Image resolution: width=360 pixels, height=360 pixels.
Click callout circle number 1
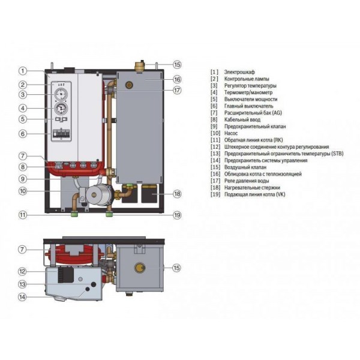pos(23,71)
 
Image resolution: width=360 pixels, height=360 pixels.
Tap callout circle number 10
pos(23,191)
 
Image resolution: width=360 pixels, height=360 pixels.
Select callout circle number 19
pos(177,215)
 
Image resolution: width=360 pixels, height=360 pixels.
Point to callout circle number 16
pos(177,79)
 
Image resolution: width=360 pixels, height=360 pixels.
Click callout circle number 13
pos(22,284)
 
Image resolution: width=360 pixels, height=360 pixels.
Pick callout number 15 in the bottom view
pos(176,268)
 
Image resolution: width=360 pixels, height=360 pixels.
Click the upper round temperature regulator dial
pos(61,94)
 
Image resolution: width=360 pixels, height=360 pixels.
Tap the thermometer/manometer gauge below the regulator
pos(61,109)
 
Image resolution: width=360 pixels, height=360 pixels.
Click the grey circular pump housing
pos(94,194)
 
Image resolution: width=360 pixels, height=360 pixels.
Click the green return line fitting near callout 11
pos(74,214)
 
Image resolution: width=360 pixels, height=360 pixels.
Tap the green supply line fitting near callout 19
pos(110,214)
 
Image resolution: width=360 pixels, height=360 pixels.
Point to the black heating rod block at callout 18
pos(149,194)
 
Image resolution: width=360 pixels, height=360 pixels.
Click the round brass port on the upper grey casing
pos(129,85)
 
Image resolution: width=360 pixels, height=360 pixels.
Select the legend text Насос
pos(231,133)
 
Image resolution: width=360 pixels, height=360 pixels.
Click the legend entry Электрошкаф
pos(239,72)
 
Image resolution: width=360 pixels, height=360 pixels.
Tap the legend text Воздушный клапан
pos(245,167)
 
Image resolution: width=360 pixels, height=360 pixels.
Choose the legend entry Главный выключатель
pos(249,106)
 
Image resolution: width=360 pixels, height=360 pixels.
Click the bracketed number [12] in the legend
pos(215,147)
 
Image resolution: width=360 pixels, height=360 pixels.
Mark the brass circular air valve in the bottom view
pos(140,268)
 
